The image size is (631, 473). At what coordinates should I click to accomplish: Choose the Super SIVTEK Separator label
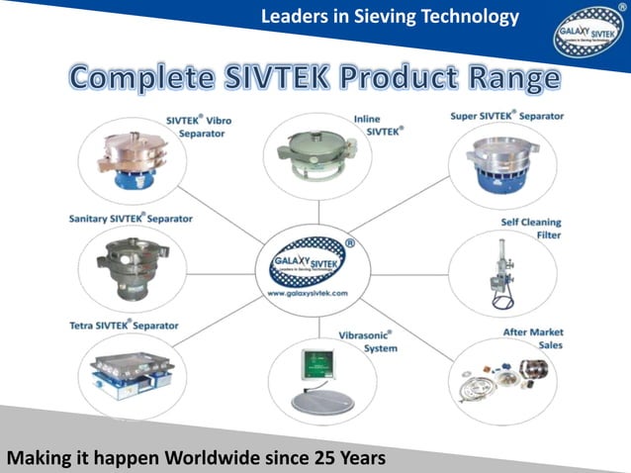click(507, 116)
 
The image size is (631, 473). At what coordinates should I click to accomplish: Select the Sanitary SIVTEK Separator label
click(130, 218)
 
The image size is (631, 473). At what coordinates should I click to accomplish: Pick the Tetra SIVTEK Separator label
click(124, 325)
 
